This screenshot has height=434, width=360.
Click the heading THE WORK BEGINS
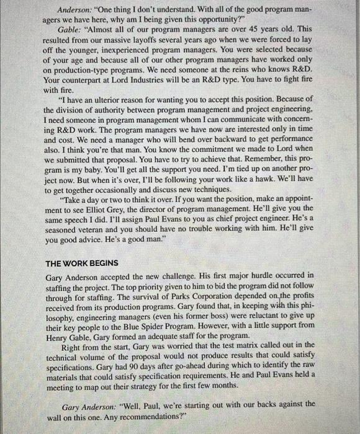83,263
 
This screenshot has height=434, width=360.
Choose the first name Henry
59,334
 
